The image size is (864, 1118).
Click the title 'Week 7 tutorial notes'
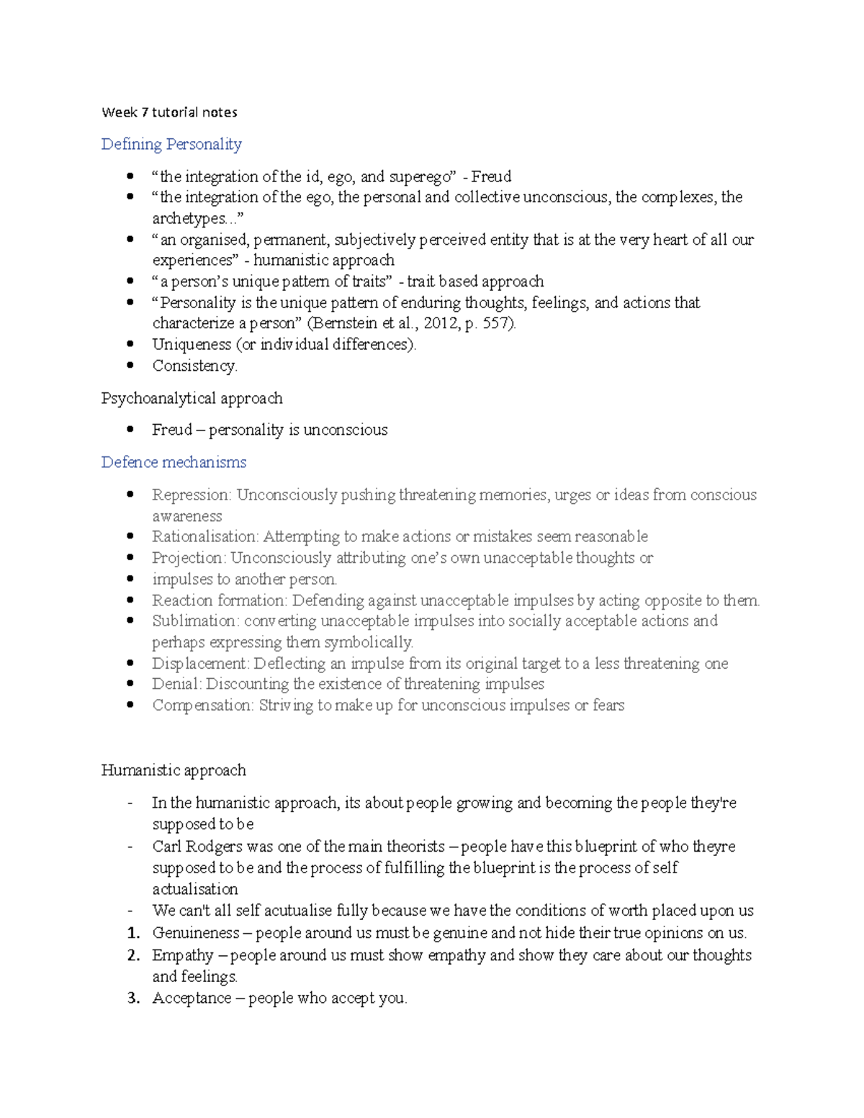point(169,112)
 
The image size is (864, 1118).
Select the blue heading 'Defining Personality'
point(171,144)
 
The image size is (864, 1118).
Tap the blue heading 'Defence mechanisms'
point(174,462)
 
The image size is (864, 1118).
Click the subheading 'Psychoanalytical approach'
point(192,398)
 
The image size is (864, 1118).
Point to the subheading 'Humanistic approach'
point(174,770)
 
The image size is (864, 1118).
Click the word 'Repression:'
point(192,495)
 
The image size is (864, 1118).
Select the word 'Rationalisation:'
point(205,536)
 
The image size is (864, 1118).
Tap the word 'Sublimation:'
point(195,621)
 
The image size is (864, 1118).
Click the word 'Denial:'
point(176,684)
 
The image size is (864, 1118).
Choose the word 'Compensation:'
point(202,705)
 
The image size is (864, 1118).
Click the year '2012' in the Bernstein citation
point(441,323)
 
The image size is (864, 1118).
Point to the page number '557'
point(497,323)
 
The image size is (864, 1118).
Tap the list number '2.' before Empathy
point(133,955)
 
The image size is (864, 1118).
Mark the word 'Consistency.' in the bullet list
point(194,366)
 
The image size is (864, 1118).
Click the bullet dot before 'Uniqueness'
point(130,344)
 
